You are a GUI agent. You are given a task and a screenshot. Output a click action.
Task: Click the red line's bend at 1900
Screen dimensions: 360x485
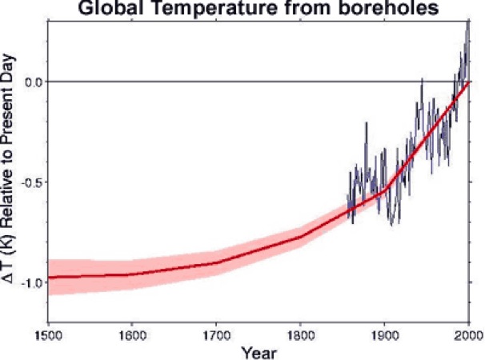tap(384, 190)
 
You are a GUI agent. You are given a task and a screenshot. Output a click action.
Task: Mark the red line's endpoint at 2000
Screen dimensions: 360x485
tap(468, 82)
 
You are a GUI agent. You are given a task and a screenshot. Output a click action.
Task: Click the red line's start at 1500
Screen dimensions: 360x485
tap(49, 278)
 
